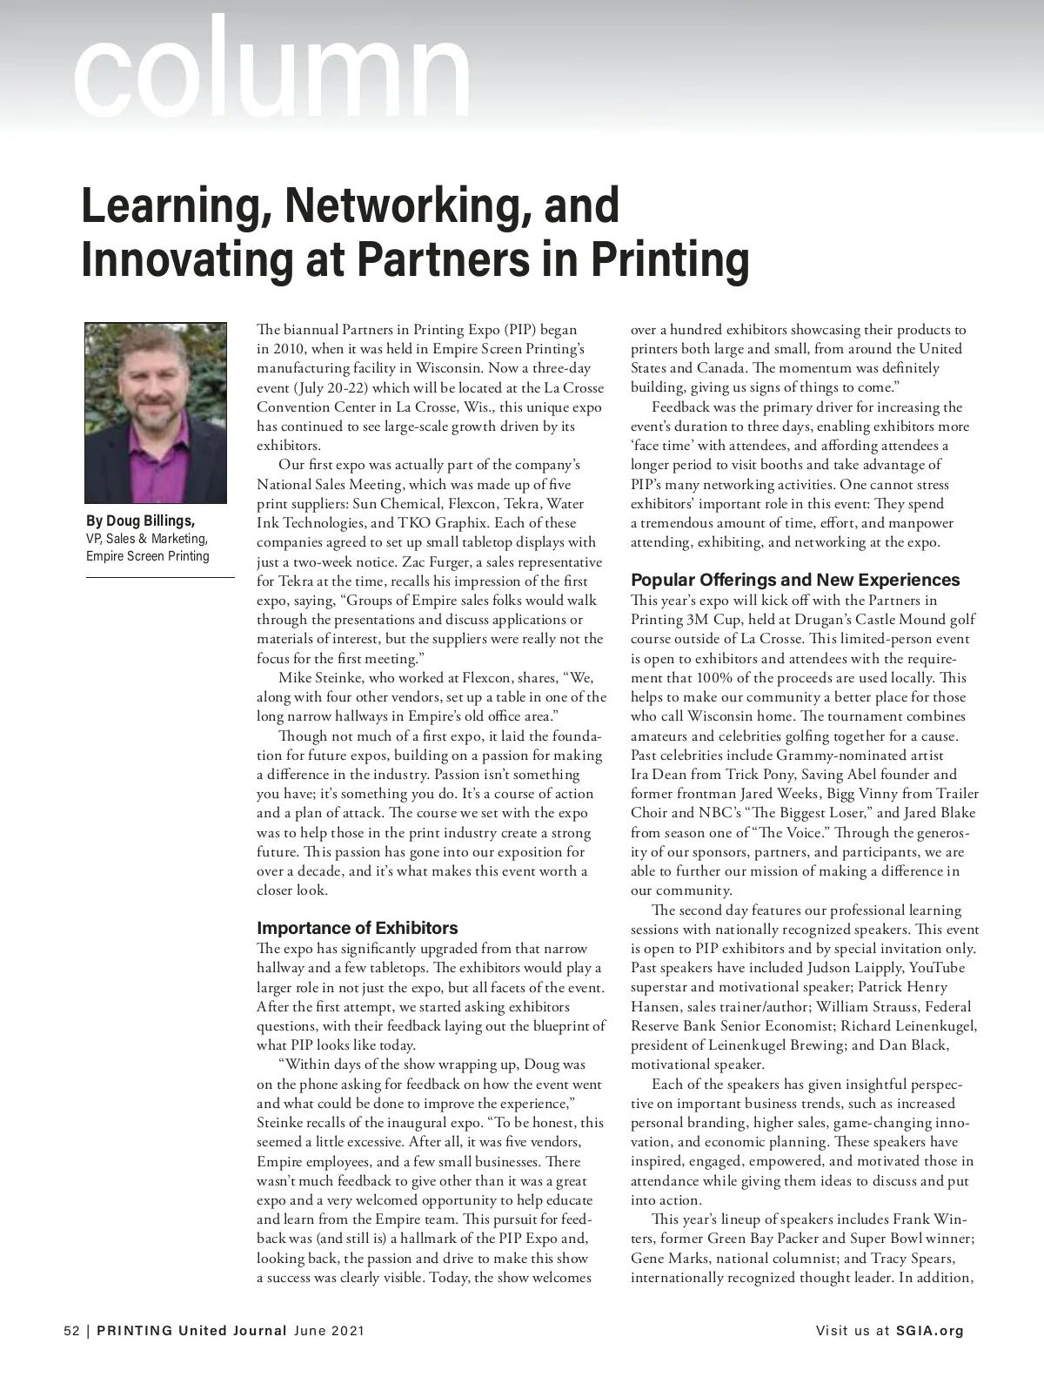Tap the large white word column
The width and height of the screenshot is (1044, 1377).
pos(272,70)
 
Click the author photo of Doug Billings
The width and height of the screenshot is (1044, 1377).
pos(156,412)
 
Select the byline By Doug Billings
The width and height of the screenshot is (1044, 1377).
pos(140,521)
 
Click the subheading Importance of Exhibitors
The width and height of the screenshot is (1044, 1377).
pos(357,928)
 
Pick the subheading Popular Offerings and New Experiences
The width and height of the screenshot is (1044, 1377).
pos(795,580)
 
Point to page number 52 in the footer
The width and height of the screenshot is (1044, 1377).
pos(71,1331)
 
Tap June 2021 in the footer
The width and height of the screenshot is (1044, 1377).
pos(329,1331)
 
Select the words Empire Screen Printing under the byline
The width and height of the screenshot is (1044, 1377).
pos(147,556)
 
